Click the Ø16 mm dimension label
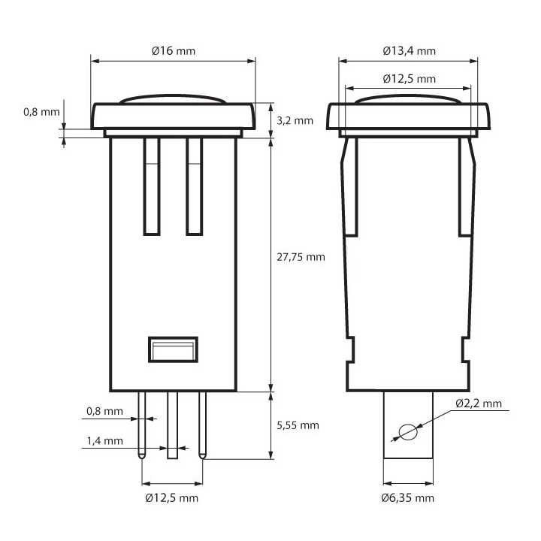(x=173, y=50)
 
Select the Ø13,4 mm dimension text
(x=408, y=50)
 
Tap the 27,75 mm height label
(x=301, y=256)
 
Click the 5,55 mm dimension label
(x=298, y=425)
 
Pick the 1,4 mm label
(x=104, y=441)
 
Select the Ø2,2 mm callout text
(x=478, y=403)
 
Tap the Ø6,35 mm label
(x=407, y=498)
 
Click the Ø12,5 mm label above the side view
(x=408, y=78)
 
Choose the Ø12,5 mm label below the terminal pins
(x=172, y=498)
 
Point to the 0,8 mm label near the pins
(x=104, y=411)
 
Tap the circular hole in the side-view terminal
(x=407, y=434)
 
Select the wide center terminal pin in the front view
(x=172, y=425)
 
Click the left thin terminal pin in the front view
(x=142, y=425)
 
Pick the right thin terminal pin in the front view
(x=202, y=425)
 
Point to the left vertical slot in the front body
(x=152, y=186)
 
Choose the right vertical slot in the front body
(x=194, y=186)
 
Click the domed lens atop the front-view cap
(x=173, y=98)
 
